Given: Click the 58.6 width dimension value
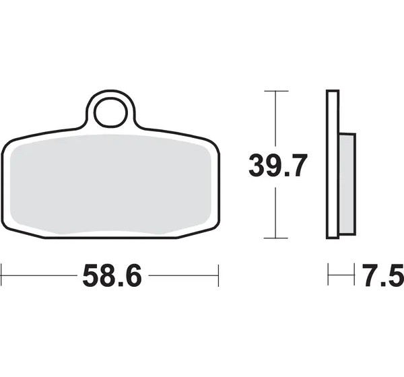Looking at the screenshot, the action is point(112,275).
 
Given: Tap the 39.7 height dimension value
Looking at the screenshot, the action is point(278,165).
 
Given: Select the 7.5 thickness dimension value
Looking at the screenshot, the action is point(383,275).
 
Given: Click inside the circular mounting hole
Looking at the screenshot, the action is point(110,112).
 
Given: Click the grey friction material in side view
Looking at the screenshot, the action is point(347,184).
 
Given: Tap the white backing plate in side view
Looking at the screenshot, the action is point(333,164).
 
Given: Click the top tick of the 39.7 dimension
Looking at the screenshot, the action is point(276,91).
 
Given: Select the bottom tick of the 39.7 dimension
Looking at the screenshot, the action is point(276,238).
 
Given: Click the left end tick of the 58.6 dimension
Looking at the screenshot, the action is point(1,275).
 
